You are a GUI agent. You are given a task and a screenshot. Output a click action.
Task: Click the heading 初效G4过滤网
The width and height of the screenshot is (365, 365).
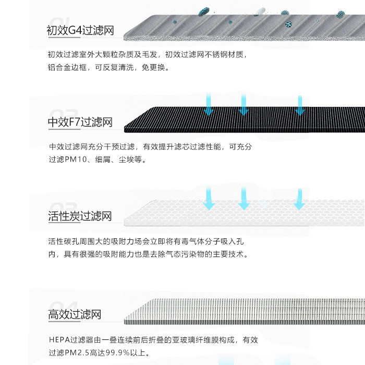[80, 30]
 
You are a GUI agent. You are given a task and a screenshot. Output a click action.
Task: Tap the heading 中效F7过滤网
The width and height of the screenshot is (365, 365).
[80, 123]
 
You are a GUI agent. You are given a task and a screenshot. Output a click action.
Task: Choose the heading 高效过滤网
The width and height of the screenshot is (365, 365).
[75, 314]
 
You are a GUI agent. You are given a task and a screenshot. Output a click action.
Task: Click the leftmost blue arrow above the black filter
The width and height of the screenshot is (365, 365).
[209, 105]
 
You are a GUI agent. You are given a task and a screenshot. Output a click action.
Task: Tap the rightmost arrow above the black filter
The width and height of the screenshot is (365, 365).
[299, 105]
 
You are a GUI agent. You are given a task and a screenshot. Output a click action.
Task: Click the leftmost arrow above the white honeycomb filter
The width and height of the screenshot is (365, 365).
[209, 199]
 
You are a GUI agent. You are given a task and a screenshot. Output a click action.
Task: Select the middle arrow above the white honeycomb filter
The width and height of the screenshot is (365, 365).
[244, 199]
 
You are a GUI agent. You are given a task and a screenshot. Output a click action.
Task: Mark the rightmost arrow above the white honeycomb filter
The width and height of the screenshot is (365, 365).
[299, 199]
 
